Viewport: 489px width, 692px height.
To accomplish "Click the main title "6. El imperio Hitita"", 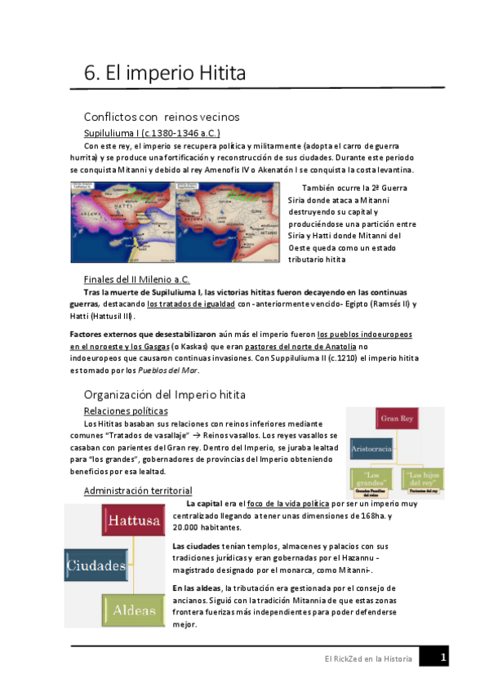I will [x=165, y=73].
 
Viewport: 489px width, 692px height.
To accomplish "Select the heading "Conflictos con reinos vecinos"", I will [x=162, y=117].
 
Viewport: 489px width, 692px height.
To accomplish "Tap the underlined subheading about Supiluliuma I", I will [x=152, y=132].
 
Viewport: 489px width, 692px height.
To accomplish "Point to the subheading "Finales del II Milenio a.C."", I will [x=149, y=279].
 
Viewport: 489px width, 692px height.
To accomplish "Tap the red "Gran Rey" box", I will [x=398, y=419].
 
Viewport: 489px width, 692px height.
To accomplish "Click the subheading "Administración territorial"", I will [x=138, y=490].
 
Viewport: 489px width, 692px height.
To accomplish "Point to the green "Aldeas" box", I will [x=134, y=610].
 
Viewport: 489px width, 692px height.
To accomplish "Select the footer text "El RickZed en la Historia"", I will [x=365, y=658].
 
